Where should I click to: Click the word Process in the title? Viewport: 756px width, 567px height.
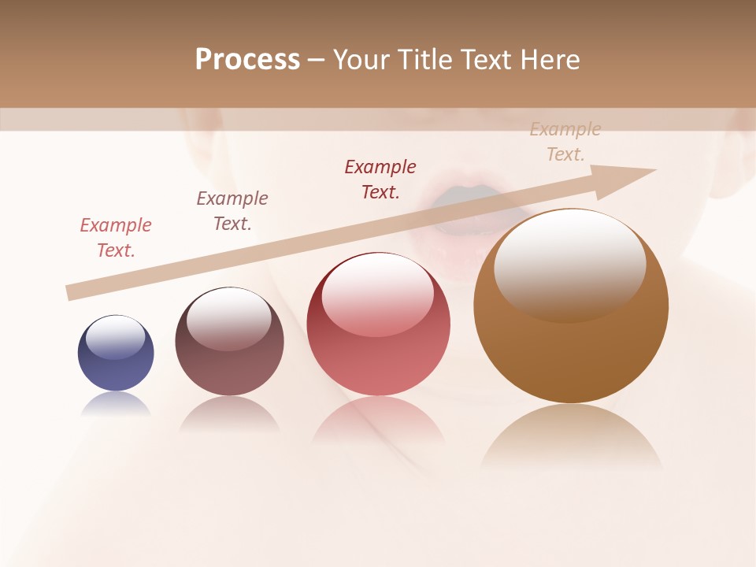[x=247, y=60]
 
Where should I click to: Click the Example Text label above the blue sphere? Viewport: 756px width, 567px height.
[x=116, y=238]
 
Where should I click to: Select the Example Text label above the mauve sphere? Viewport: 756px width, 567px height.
[x=232, y=211]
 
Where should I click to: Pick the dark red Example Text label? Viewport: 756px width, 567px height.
[x=380, y=180]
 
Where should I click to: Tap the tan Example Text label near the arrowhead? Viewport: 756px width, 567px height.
[x=565, y=142]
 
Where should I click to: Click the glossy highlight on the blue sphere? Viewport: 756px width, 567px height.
[x=116, y=336]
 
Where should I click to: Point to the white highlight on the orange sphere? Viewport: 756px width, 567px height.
[x=569, y=264]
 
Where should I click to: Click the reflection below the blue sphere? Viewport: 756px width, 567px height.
[x=116, y=404]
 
